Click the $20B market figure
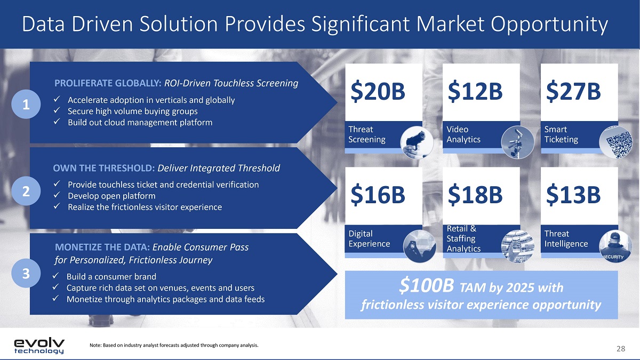[x=378, y=91]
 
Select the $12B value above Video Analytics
[x=475, y=91]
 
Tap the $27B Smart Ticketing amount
[x=573, y=91]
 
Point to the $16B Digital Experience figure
[x=378, y=195]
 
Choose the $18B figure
[x=475, y=195]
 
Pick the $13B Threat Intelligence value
[x=573, y=195]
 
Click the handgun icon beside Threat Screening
[x=417, y=142]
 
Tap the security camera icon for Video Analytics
[x=517, y=142]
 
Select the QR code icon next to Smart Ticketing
[x=615, y=142]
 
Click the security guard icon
[x=615, y=246]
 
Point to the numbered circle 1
[x=26, y=105]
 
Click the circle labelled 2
[x=26, y=191]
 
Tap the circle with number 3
[x=26, y=273]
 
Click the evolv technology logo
[x=39, y=346]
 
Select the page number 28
[x=621, y=349]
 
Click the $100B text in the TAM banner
[x=426, y=286]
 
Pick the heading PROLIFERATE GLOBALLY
[x=108, y=83]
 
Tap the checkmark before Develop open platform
[x=57, y=195]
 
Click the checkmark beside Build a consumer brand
[x=55, y=276]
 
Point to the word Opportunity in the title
[x=549, y=24]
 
